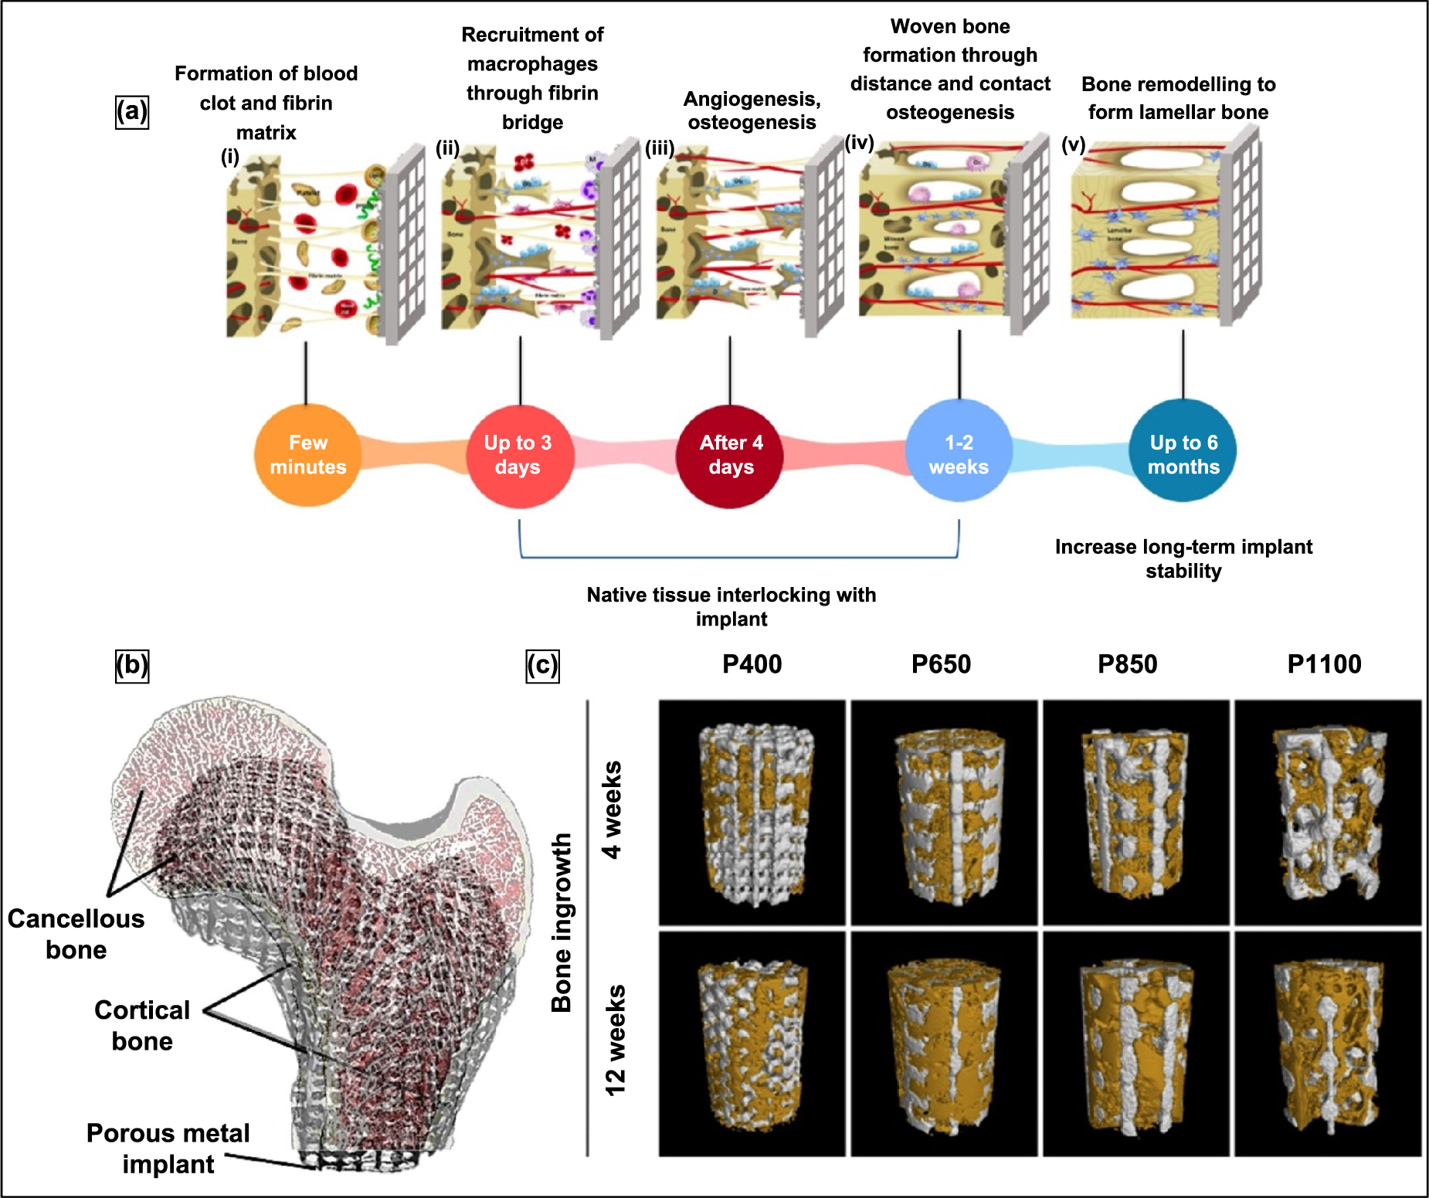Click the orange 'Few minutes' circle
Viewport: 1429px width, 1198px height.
(x=307, y=455)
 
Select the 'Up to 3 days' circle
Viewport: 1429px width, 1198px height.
(x=518, y=455)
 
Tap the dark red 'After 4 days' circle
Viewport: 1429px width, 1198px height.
(x=730, y=455)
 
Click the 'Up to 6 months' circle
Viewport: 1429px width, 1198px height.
(x=1183, y=453)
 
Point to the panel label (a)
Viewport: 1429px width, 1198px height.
(x=131, y=112)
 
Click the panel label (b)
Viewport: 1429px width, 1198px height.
(x=131, y=665)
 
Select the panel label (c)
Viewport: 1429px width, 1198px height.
(x=542, y=665)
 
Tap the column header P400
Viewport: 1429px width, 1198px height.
(x=752, y=664)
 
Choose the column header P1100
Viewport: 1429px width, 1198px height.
(x=1324, y=664)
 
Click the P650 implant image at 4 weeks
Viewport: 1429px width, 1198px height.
(x=944, y=813)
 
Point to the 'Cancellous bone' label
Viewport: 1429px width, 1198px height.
(x=76, y=934)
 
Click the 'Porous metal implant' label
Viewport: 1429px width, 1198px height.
(x=168, y=1149)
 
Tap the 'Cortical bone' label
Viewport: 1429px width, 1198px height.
(x=142, y=1025)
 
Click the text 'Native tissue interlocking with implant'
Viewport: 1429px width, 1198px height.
(x=731, y=606)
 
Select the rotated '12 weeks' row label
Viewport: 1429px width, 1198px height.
(x=616, y=1040)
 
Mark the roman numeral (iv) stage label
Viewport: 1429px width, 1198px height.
(x=859, y=143)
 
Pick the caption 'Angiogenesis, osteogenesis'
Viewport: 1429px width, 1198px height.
(x=752, y=110)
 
